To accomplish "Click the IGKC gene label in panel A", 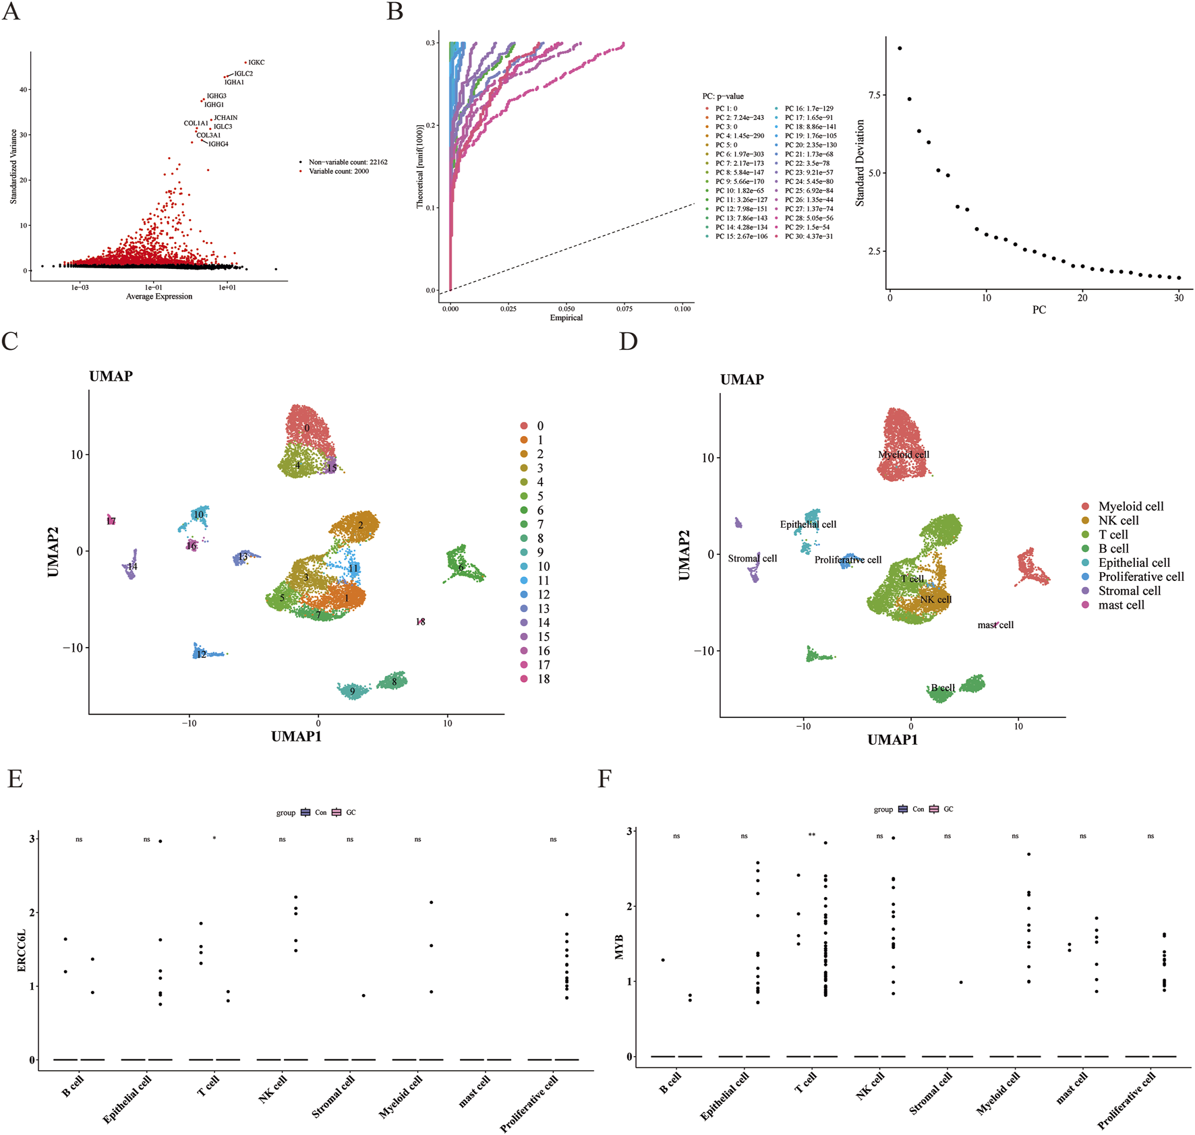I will pyautogui.click(x=256, y=62).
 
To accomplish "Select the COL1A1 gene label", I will pyautogui.click(x=196, y=123).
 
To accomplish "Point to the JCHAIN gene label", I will pyautogui.click(x=225, y=118).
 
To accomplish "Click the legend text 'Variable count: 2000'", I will pyautogui.click(x=339, y=171).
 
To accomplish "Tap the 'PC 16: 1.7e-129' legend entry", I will pyautogui.click(x=809, y=109).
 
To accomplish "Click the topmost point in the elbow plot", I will pyautogui.click(x=900, y=49).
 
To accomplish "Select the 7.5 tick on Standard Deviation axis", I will pyautogui.click(x=874, y=95).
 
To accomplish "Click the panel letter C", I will pyautogui.click(x=10, y=341).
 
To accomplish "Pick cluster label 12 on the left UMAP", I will pyautogui.click(x=201, y=654).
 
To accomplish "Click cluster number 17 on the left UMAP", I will pyautogui.click(x=111, y=521).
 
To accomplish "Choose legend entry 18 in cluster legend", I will pyautogui.click(x=543, y=679).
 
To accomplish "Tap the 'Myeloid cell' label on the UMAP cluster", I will pyautogui.click(x=903, y=454).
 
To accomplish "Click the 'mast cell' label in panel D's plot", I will pyautogui.click(x=995, y=625).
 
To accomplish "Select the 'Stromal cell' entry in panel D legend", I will pyautogui.click(x=1129, y=590).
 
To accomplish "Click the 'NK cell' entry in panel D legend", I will pyautogui.click(x=1118, y=520).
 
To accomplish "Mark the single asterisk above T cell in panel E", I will pyautogui.click(x=214, y=838).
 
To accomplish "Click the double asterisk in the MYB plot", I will pyautogui.click(x=812, y=835).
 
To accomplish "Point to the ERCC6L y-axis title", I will pyautogui.click(x=21, y=950).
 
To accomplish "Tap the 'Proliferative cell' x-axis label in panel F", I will pyautogui.click(x=1126, y=1100).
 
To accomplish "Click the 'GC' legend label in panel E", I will pyautogui.click(x=351, y=812).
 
